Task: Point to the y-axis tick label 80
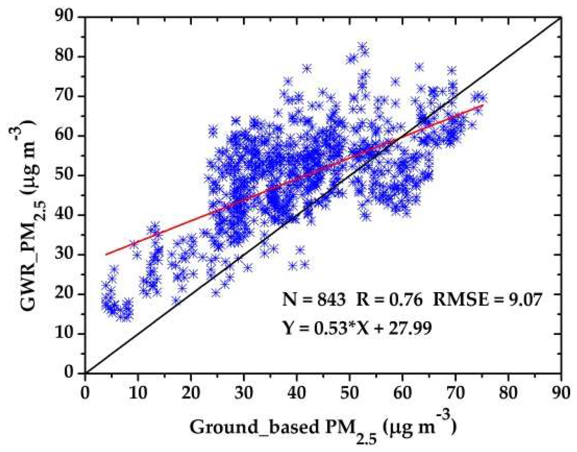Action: coord(64,56)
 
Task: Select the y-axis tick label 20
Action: coord(64,294)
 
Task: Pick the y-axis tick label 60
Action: coord(64,135)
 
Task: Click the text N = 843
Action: coord(314,300)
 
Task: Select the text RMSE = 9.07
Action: coord(487,300)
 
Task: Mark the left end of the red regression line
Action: coord(106,254)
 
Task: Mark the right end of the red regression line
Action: coord(483,105)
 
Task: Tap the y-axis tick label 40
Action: coord(64,214)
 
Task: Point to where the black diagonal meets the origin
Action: coord(85,373)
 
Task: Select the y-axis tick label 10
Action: coord(64,334)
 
